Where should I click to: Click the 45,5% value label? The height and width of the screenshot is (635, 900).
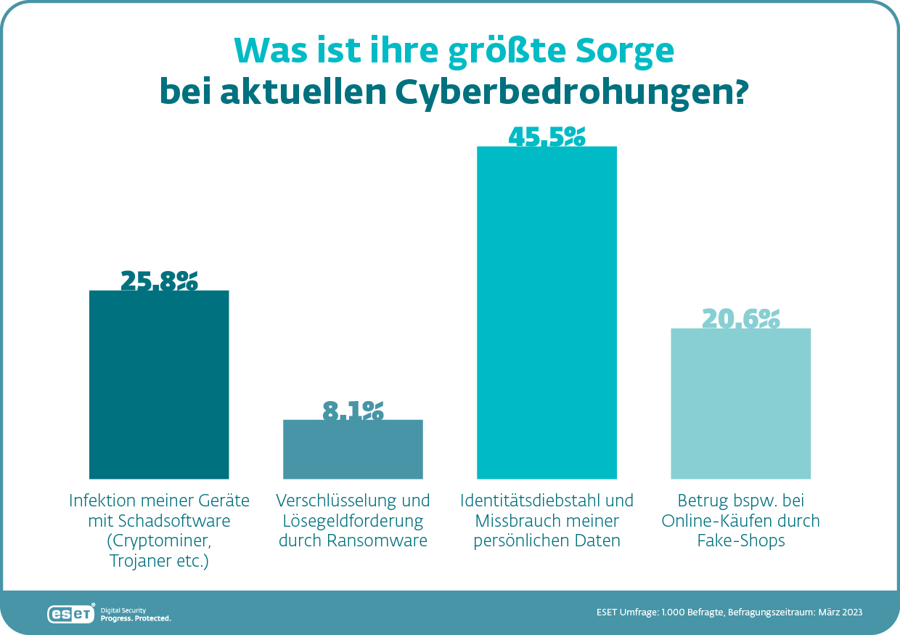coord(547,137)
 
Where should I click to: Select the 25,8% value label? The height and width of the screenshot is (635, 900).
coord(159,280)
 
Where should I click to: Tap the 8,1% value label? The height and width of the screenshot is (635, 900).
coord(353,410)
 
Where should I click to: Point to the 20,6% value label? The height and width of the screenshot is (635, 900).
coord(740,318)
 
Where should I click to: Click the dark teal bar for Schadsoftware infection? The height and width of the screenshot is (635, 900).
coord(159,384)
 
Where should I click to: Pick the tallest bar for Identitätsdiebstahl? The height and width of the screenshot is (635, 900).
coord(547,312)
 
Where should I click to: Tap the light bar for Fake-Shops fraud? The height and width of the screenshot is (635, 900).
coord(740,403)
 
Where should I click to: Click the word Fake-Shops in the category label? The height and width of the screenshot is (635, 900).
coord(741,541)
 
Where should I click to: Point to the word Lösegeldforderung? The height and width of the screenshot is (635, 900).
coord(353,521)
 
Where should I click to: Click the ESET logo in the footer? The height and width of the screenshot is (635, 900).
coord(71,614)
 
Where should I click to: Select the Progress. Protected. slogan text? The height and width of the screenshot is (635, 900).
coord(136,618)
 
